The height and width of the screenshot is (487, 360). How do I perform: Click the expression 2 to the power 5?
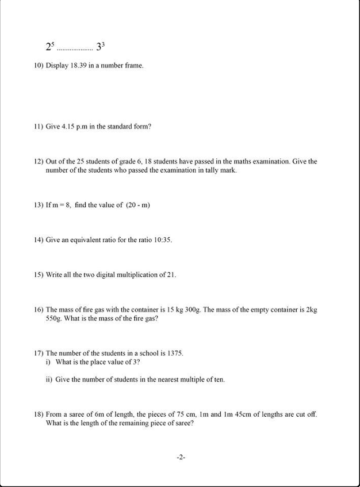49,47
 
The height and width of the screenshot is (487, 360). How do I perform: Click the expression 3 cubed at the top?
100,47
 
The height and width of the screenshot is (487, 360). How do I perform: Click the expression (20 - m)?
138,206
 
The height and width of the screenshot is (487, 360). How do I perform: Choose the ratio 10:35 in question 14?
162,240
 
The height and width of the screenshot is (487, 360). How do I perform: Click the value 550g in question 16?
55,319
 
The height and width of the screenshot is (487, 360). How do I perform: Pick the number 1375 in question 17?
174,353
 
